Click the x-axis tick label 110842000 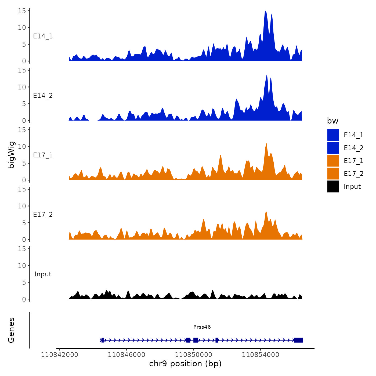(x=59, y=355)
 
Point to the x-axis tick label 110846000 (x=126, y=355)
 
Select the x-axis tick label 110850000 (x=193, y=355)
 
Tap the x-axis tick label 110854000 (x=260, y=355)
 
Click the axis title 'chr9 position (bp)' (x=185, y=364)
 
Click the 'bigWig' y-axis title (x=11, y=155)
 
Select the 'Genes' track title (x=11, y=330)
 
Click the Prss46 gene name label (x=202, y=327)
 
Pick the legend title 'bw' (x=332, y=121)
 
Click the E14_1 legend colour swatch (x=333, y=135)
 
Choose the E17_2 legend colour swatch (x=333, y=173)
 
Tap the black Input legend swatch (x=333, y=186)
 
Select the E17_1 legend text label (x=353, y=161)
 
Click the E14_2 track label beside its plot (x=43, y=96)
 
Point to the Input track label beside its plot (x=43, y=274)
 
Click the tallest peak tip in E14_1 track (x=265, y=11)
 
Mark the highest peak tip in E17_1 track (x=266, y=143)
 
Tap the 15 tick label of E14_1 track (x=22, y=11)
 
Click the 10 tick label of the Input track (x=22, y=266)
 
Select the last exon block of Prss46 (x=298, y=340)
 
